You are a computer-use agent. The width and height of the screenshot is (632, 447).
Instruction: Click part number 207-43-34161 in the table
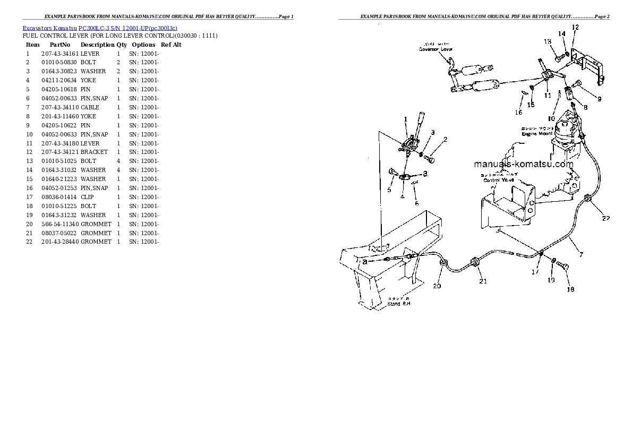pyautogui.click(x=60, y=54)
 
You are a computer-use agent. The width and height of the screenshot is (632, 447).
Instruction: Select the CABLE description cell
pyautogui.click(x=90, y=107)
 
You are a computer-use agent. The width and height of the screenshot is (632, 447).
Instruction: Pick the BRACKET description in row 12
pyautogui.click(x=94, y=152)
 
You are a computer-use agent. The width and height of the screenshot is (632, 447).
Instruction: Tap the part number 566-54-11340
pyautogui.click(x=60, y=224)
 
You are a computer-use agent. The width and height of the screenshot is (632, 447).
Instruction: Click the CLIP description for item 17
pyautogui.click(x=87, y=197)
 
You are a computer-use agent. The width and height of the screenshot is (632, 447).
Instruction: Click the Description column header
pyautogui.click(x=97, y=45)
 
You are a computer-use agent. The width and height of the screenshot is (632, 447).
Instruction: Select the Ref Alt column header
pyautogui.click(x=171, y=45)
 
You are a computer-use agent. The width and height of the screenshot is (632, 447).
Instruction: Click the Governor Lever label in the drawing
pyautogui.click(x=435, y=49)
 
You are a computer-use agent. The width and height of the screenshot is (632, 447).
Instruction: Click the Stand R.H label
pyautogui.click(x=398, y=304)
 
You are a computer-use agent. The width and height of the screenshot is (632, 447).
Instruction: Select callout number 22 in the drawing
pyautogui.click(x=605, y=218)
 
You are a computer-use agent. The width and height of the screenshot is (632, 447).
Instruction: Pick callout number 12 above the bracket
pyautogui.click(x=575, y=27)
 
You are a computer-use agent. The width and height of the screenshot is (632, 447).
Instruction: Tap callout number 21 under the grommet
pyautogui.click(x=483, y=281)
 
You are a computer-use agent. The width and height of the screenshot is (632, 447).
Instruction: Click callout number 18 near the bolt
pyautogui.click(x=570, y=289)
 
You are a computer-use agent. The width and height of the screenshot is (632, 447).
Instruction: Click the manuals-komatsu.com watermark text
pyautogui.click(x=524, y=164)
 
